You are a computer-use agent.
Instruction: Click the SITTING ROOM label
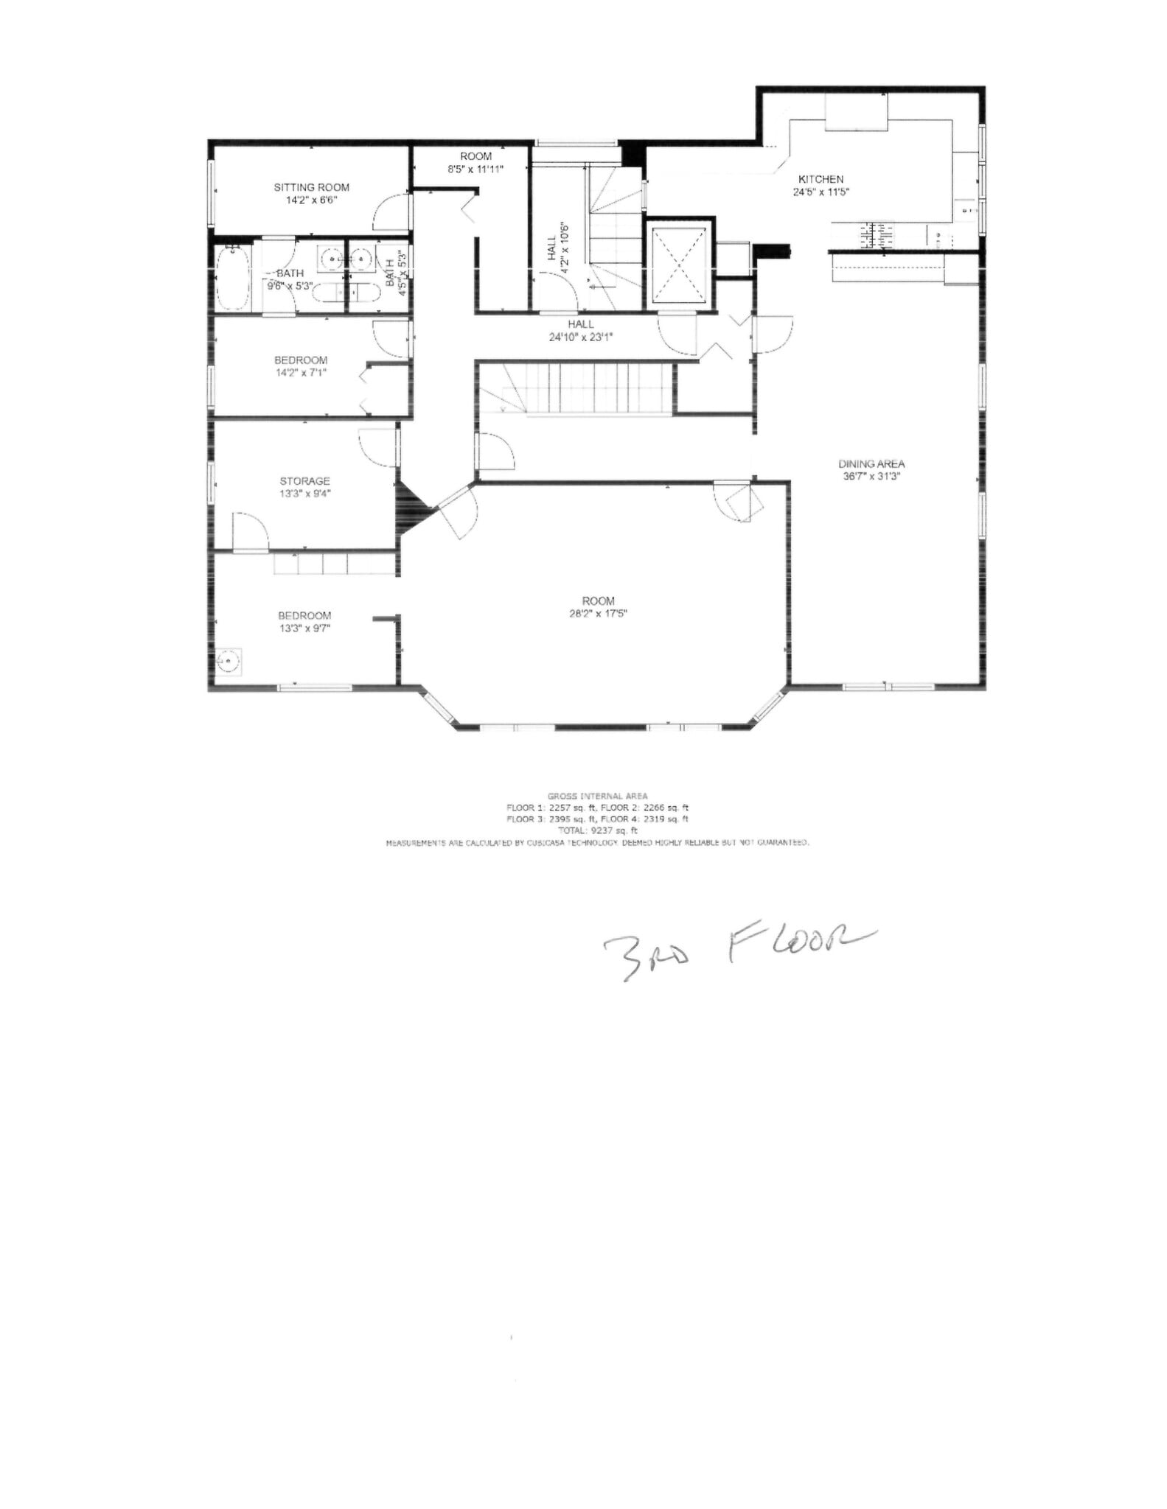[x=311, y=187]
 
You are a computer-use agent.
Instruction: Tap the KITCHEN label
[x=821, y=179]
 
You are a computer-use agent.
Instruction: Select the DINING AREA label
[x=871, y=463]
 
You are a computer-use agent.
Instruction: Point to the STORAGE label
[x=304, y=481]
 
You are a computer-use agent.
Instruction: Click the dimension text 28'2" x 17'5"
[x=597, y=613]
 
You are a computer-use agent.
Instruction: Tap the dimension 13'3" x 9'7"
[x=304, y=629]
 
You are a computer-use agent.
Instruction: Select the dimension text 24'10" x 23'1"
[x=580, y=337]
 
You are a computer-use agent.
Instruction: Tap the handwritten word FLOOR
[x=800, y=945]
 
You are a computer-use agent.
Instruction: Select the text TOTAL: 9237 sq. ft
[x=597, y=830]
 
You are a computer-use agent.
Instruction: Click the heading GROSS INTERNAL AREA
[x=597, y=796]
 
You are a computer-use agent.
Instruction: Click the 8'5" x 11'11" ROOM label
[x=475, y=162]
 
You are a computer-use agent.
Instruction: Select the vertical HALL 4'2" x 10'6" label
[x=557, y=248]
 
